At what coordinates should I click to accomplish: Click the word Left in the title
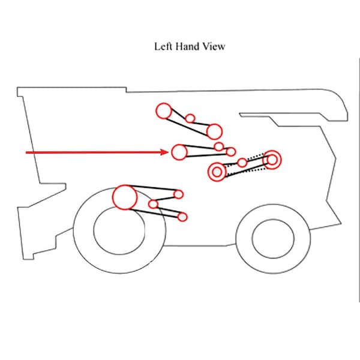163,46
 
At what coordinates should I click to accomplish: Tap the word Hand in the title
186,46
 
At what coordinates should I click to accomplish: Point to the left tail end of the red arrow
26,152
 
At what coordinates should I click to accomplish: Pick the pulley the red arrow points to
179,152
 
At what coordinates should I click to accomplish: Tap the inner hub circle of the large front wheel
119,230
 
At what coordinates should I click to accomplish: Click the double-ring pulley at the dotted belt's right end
272,160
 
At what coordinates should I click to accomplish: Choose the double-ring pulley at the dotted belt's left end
217,172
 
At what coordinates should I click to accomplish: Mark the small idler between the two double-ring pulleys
242,163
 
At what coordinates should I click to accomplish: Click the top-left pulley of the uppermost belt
163,111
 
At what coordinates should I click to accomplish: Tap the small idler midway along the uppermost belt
190,118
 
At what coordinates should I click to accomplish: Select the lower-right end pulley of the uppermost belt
214,131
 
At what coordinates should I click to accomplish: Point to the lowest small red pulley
183,217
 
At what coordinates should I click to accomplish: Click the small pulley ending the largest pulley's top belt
179,194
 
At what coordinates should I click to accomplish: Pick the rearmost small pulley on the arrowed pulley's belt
232,152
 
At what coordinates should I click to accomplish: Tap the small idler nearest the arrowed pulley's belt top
218,146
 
